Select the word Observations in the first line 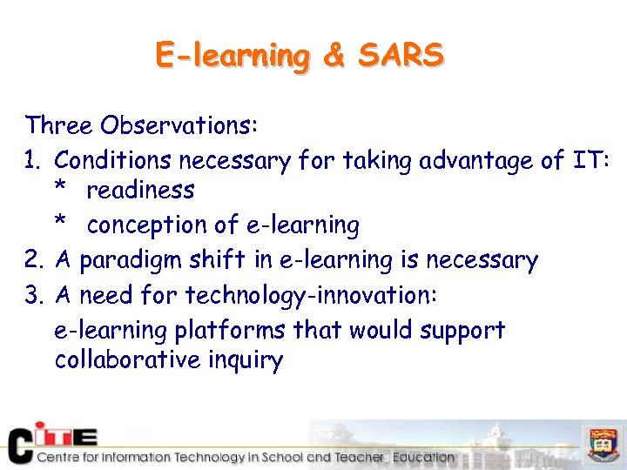179,125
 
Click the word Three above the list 59,125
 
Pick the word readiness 140,190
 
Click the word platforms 230,332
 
